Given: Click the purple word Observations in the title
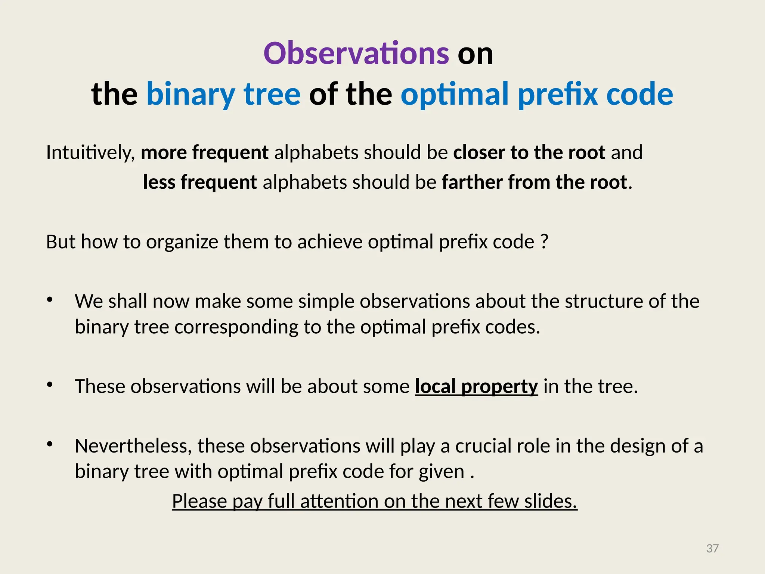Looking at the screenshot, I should tap(356, 53).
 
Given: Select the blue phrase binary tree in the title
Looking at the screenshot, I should tap(223, 94).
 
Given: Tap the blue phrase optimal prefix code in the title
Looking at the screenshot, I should tap(537, 94).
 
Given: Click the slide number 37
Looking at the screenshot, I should tap(712, 548).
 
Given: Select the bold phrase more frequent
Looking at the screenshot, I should tap(204, 152).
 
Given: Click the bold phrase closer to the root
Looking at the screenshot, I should tap(529, 152).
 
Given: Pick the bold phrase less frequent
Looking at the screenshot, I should tap(200, 182).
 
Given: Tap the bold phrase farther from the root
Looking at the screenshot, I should tap(534, 182).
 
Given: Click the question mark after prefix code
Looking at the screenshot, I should tap(545, 242).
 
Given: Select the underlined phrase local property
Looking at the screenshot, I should tap(476, 386).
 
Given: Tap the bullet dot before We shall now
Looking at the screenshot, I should tap(50, 300).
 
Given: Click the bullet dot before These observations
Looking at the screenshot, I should tap(50, 385).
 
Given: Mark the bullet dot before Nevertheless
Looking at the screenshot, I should tap(50, 445).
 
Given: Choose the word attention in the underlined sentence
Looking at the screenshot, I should tap(340, 501).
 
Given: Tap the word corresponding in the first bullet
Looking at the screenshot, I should tap(236, 327).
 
